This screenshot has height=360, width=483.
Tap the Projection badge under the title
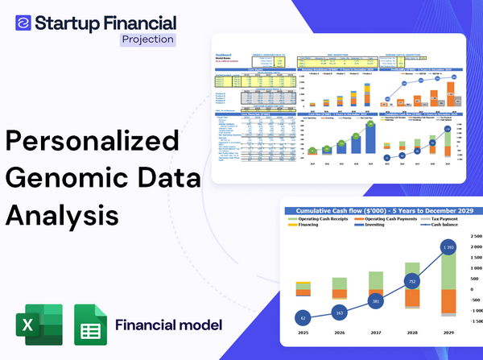coord(147,39)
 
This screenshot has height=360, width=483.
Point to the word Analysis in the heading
coord(62,215)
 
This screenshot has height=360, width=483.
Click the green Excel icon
coord(37,325)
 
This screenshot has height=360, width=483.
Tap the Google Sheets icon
coord(91,325)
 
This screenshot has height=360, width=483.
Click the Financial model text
coord(168,325)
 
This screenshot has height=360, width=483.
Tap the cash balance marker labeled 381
coord(375,301)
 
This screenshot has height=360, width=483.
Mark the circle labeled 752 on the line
coord(411,282)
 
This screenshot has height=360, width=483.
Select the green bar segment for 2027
coord(375,279)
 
